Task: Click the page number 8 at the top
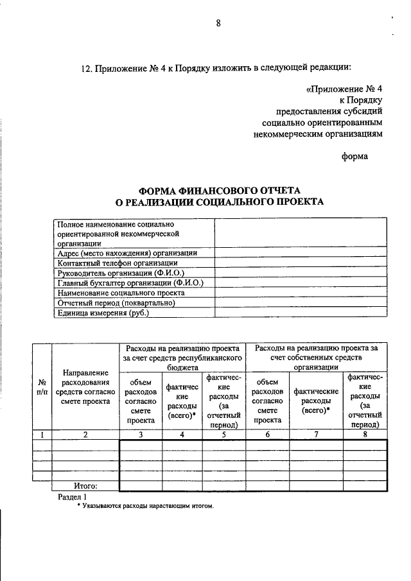(218, 24)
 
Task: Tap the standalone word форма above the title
(354, 155)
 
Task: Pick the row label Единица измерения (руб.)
(103, 313)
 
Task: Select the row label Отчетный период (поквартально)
(116, 303)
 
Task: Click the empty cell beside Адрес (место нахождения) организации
(300, 253)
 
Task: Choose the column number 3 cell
(141, 434)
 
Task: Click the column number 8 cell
(365, 434)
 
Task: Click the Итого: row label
(85, 486)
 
